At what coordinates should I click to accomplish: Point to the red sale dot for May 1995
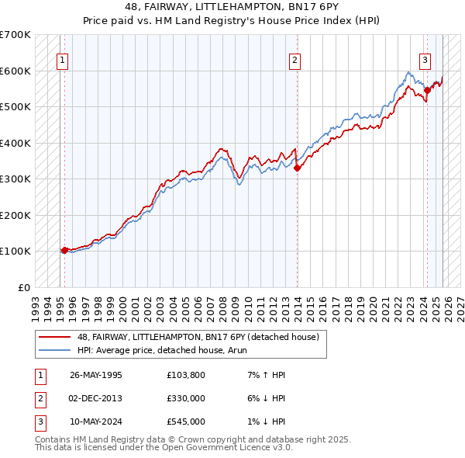click(64, 250)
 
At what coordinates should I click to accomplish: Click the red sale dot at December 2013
click(298, 168)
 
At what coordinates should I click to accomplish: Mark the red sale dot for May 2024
click(427, 91)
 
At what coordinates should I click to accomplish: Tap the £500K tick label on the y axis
click(15, 106)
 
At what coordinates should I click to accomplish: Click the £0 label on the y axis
click(24, 287)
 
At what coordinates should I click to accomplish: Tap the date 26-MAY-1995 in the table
click(95, 375)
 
